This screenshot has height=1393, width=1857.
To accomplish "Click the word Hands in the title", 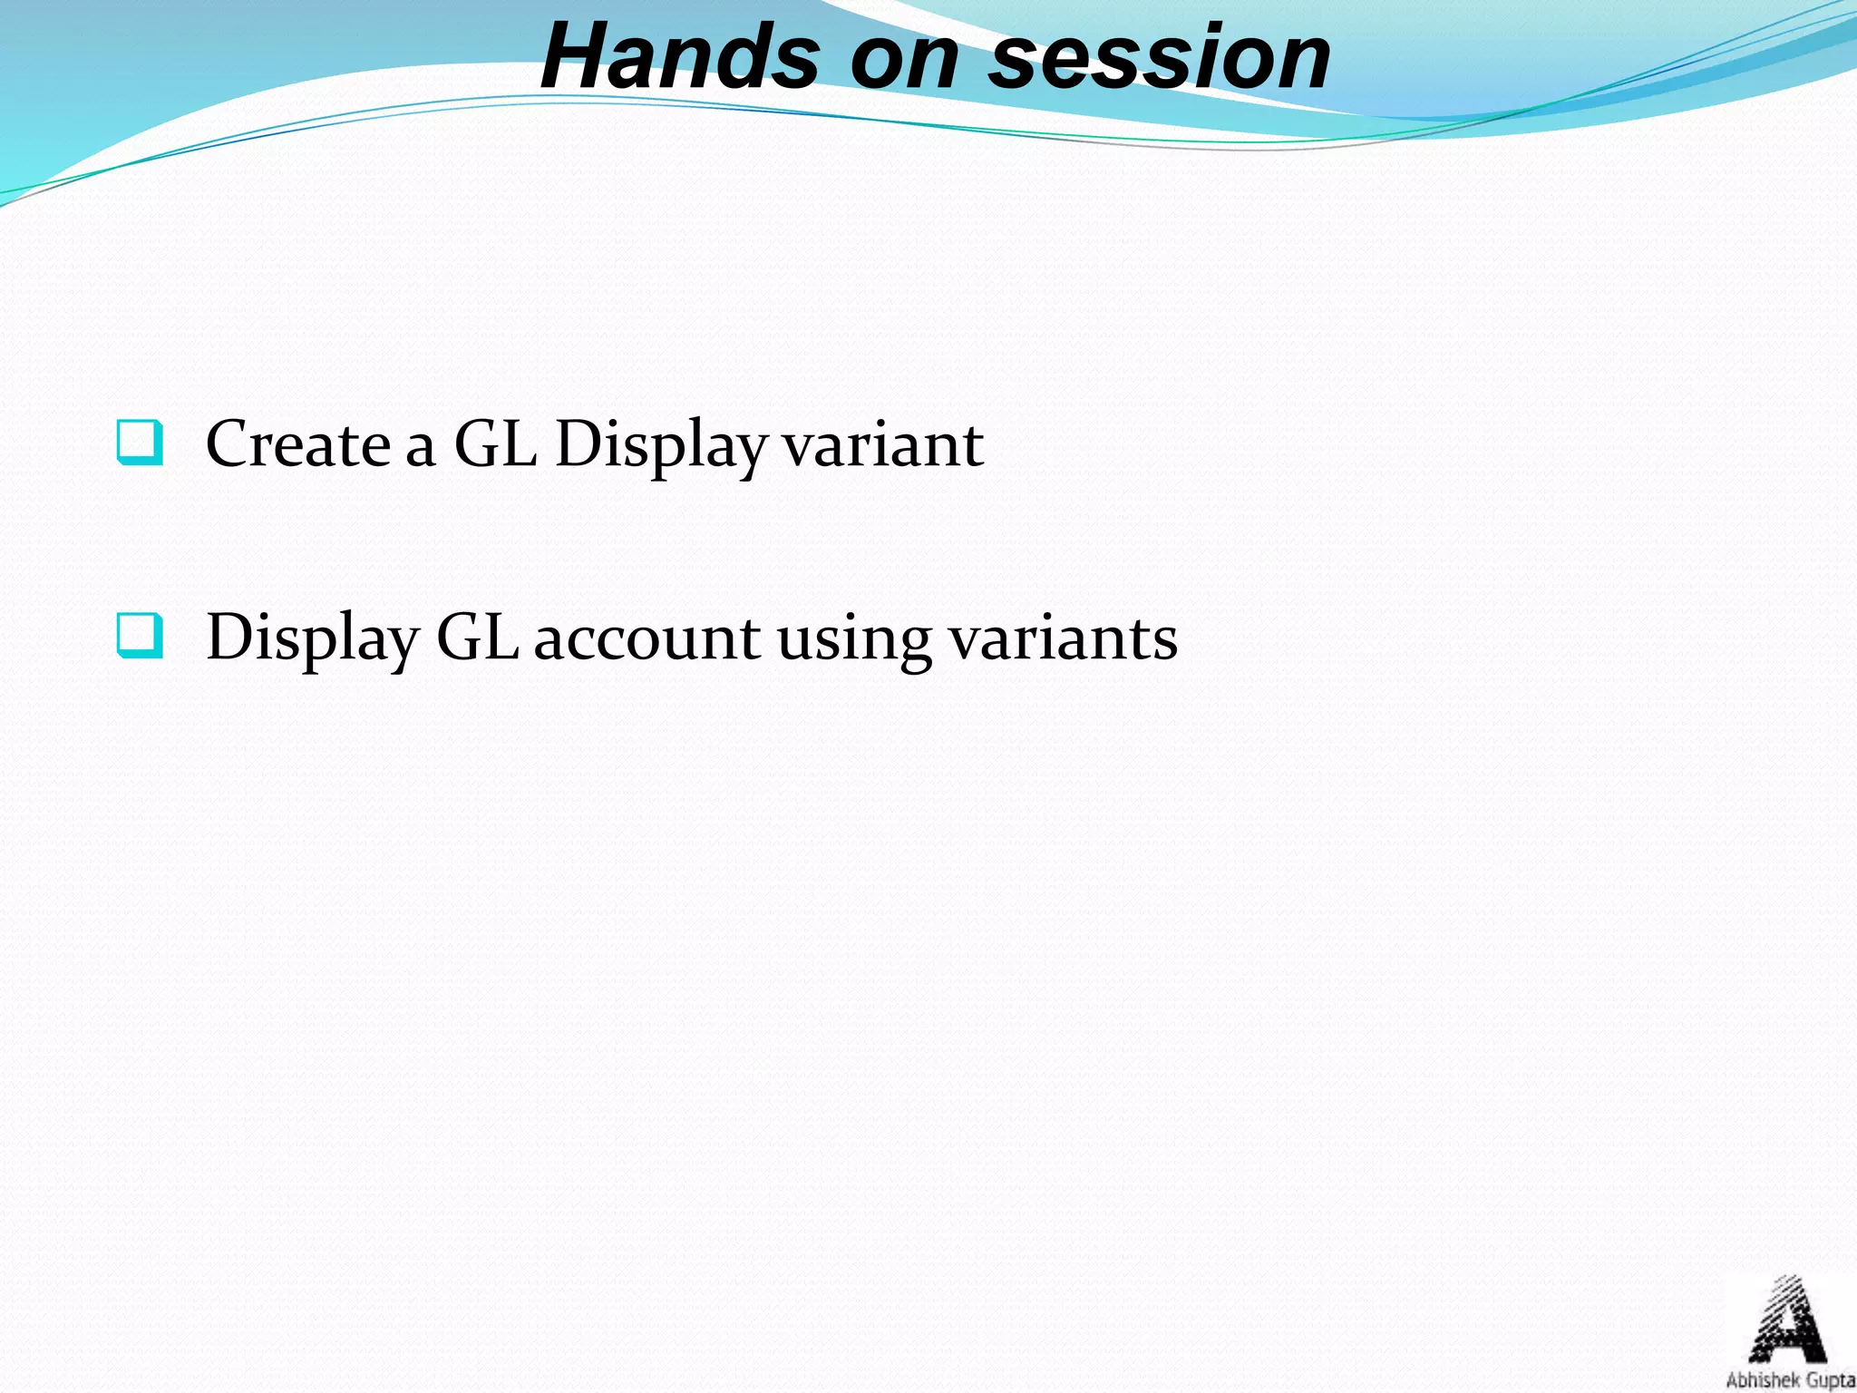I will pyautogui.click(x=681, y=58).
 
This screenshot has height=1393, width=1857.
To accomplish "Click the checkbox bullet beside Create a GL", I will pyautogui.click(x=141, y=443).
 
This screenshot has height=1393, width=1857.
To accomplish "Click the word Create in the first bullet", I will pyautogui.click(x=297, y=444).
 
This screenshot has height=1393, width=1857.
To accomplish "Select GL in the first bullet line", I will pyautogui.click(x=495, y=444).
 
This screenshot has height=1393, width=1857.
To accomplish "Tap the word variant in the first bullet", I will pyautogui.click(x=882, y=446).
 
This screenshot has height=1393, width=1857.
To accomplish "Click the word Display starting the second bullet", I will pyautogui.click(x=312, y=638).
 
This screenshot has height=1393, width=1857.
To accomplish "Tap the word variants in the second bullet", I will pyautogui.click(x=1063, y=638).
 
